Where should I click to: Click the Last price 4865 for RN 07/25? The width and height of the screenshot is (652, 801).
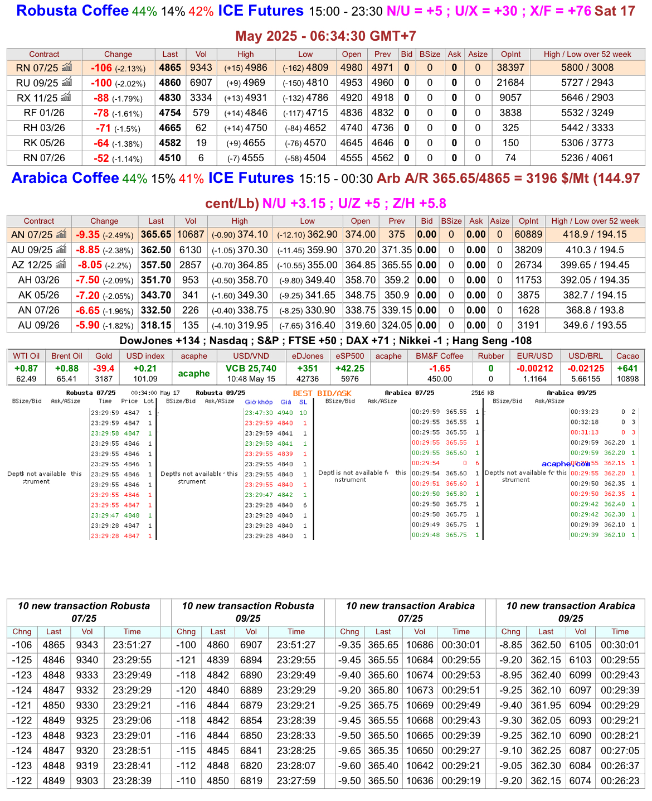point(170,67)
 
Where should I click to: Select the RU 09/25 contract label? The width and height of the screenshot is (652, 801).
point(37,83)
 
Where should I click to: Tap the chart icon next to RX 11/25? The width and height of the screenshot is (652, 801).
point(66,97)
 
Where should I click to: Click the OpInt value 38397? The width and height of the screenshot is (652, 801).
point(510,67)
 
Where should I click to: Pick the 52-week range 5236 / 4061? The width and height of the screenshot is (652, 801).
point(587,158)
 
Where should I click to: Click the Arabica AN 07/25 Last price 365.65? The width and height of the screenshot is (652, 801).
point(156,235)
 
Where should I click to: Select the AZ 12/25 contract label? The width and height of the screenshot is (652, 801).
point(32,265)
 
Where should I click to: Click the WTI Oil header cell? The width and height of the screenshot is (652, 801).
point(26,356)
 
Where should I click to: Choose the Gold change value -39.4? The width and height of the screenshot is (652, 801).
point(104,368)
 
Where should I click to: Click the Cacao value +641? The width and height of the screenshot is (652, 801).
point(627,368)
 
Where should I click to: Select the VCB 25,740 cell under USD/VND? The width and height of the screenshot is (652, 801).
point(251,368)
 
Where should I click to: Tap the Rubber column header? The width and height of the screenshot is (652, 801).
point(491,356)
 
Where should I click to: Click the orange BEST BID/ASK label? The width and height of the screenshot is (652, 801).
point(322,393)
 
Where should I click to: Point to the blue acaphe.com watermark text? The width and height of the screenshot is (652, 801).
point(565,464)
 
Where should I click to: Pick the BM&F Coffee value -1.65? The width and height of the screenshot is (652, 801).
point(440,368)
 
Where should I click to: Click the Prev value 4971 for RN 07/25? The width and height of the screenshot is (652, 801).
point(382,67)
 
